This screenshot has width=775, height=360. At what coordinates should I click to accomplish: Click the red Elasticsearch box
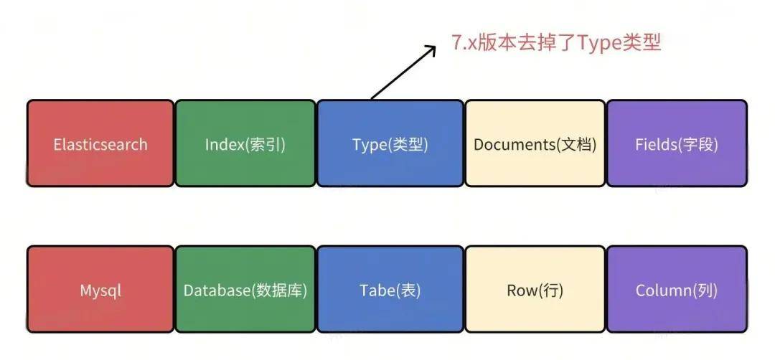click(x=100, y=143)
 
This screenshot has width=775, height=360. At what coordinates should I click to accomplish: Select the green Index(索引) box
click(x=245, y=143)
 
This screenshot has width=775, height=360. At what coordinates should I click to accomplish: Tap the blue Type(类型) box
click(x=390, y=143)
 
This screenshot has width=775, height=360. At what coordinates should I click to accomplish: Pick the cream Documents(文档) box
click(x=535, y=143)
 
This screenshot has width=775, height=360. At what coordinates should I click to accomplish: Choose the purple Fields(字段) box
click(x=677, y=143)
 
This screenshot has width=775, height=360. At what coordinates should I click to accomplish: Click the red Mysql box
click(x=100, y=289)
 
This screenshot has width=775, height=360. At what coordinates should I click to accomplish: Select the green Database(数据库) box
click(x=245, y=289)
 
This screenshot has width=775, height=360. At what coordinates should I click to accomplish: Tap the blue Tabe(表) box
click(x=390, y=289)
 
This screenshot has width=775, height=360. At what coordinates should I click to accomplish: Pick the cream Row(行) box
click(x=535, y=289)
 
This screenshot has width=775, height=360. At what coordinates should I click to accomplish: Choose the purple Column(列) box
click(x=677, y=289)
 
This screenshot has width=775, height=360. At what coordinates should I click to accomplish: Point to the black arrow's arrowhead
click(x=432, y=49)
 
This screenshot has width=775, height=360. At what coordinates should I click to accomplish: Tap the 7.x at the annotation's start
click(x=464, y=43)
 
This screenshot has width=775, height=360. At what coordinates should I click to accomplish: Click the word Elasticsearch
click(x=100, y=144)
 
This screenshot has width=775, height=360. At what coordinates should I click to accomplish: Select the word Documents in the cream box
click(x=515, y=144)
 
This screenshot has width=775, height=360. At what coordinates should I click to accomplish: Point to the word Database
click(x=217, y=290)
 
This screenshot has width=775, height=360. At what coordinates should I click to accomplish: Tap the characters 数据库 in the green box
click(x=279, y=290)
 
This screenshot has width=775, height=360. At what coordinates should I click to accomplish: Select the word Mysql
click(x=100, y=291)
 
